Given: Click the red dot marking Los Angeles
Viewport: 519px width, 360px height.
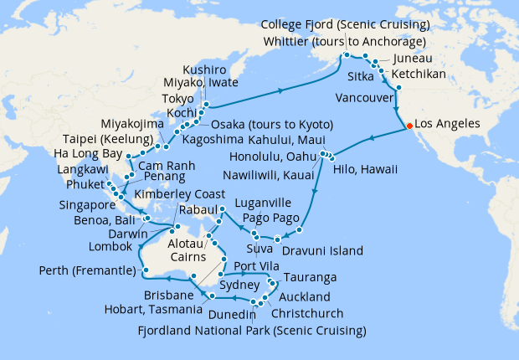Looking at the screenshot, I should (x=409, y=126).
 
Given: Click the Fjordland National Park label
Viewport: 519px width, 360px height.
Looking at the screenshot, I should (x=252, y=330).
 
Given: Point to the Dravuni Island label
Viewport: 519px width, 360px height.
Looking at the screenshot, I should (x=322, y=250).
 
